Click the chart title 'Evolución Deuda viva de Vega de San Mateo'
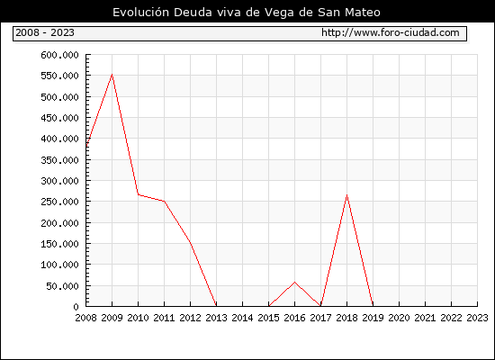[247, 13]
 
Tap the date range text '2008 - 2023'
[45, 32]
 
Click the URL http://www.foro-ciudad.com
[391, 32]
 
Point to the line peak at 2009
[112, 75]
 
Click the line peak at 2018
[346, 194]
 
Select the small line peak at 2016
[295, 282]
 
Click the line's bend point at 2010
[139, 194]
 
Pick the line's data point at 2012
[191, 242]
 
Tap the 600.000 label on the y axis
[59, 55]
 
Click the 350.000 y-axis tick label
[59, 160]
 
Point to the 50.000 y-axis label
[62, 286]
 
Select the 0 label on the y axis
[76, 307]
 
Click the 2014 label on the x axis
[242, 318]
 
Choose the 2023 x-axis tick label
[477, 318]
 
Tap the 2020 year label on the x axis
[399, 318]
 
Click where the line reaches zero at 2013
[216, 305]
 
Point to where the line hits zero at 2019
[373, 305]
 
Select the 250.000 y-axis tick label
[59, 202]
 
